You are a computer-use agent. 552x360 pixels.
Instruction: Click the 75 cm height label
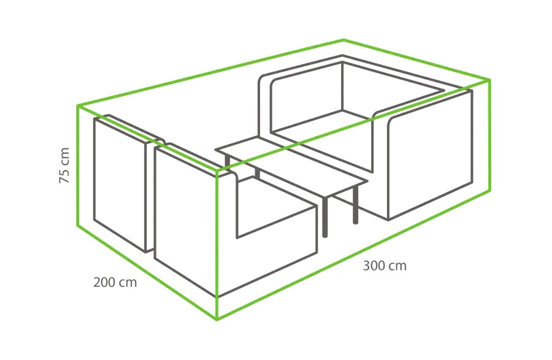[x=64, y=166]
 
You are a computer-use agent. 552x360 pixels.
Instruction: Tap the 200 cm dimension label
[x=115, y=283]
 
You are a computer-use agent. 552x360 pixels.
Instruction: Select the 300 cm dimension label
[x=385, y=266]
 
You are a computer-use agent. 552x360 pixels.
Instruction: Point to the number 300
[x=375, y=266]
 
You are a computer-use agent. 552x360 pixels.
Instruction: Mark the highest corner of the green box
[x=343, y=39]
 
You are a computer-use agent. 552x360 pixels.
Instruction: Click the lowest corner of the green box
[x=217, y=320]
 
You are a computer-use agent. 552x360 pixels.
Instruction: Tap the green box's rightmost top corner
[x=489, y=80]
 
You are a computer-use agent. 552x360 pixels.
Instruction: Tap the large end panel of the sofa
[x=430, y=155]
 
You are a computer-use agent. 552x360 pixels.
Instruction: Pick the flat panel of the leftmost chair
[x=120, y=185]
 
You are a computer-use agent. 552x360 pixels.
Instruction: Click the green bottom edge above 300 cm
[x=353, y=255]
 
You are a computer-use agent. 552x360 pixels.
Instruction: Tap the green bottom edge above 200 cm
[x=147, y=272]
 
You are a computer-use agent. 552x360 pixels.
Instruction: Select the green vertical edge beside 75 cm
[x=77, y=166]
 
